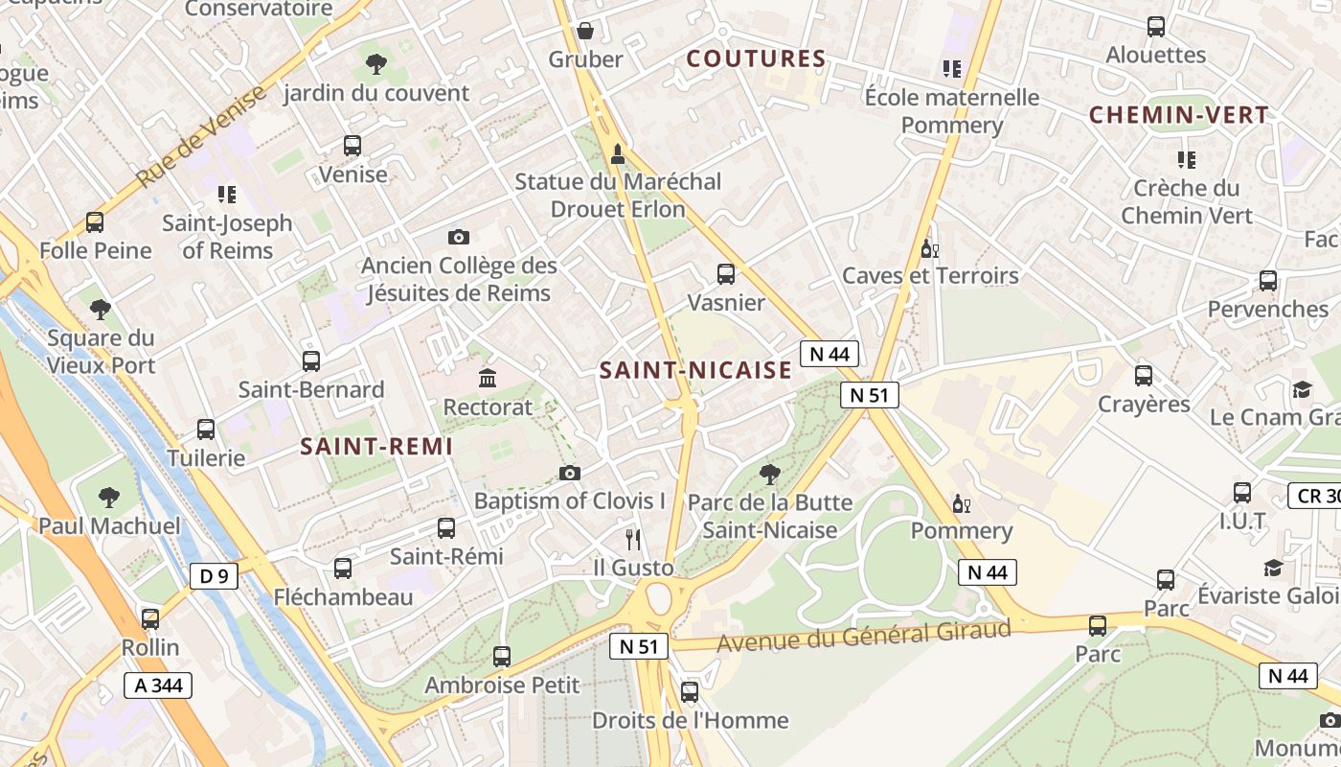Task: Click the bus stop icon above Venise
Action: click(x=352, y=146)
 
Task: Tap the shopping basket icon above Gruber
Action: click(x=585, y=31)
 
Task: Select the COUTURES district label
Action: click(x=757, y=58)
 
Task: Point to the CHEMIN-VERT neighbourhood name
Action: click(x=1179, y=116)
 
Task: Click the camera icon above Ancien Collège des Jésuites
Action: click(x=459, y=237)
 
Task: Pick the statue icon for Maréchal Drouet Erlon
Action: click(x=618, y=152)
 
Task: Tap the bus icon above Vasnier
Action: click(x=726, y=274)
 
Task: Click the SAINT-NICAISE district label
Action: click(x=696, y=370)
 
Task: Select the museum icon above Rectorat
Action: click(x=488, y=378)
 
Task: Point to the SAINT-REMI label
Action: click(x=376, y=447)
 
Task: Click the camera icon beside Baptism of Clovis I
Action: click(x=570, y=473)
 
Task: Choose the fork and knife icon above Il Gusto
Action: click(x=632, y=539)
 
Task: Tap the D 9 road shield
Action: click(x=215, y=576)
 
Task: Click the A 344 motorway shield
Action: click(x=158, y=686)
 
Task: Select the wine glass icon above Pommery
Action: click(x=961, y=503)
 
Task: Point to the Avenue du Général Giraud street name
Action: click(x=864, y=636)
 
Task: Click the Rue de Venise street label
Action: click(x=202, y=135)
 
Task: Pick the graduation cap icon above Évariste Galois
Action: click(x=1273, y=568)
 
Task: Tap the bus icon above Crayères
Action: click(x=1144, y=376)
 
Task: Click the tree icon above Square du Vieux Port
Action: click(x=101, y=310)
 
